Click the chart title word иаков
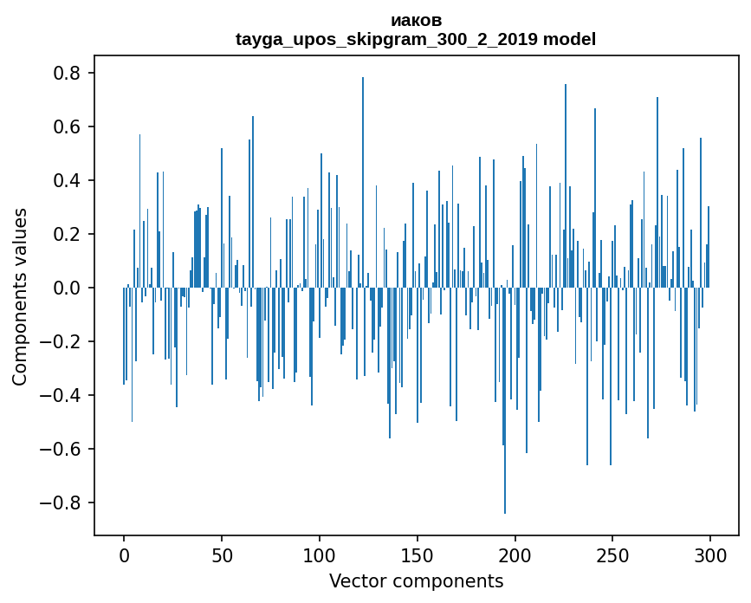coord(416,20)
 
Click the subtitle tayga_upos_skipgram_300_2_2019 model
coord(416,39)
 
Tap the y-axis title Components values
coord(20,296)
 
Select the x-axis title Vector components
coord(416,580)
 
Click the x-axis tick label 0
coord(124,554)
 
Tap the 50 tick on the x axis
coord(222,554)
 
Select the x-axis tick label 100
coord(320,554)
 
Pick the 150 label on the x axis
coord(418,554)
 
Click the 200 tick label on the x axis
coord(515,554)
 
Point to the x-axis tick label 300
coord(710,554)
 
